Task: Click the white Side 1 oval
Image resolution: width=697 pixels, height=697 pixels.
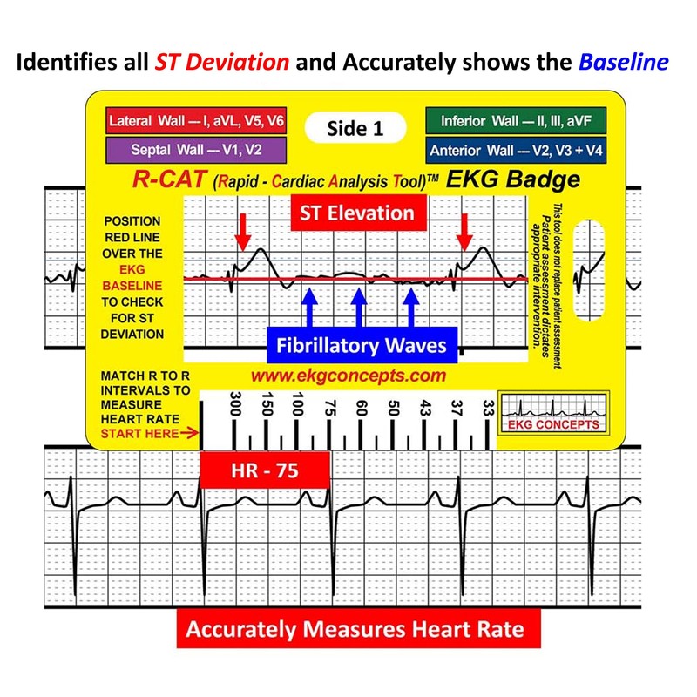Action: click(355, 128)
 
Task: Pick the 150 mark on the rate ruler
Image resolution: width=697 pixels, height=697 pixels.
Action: click(267, 406)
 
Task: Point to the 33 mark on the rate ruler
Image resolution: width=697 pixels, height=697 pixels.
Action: click(488, 406)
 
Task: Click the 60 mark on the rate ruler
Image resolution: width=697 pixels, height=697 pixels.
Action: click(362, 406)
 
